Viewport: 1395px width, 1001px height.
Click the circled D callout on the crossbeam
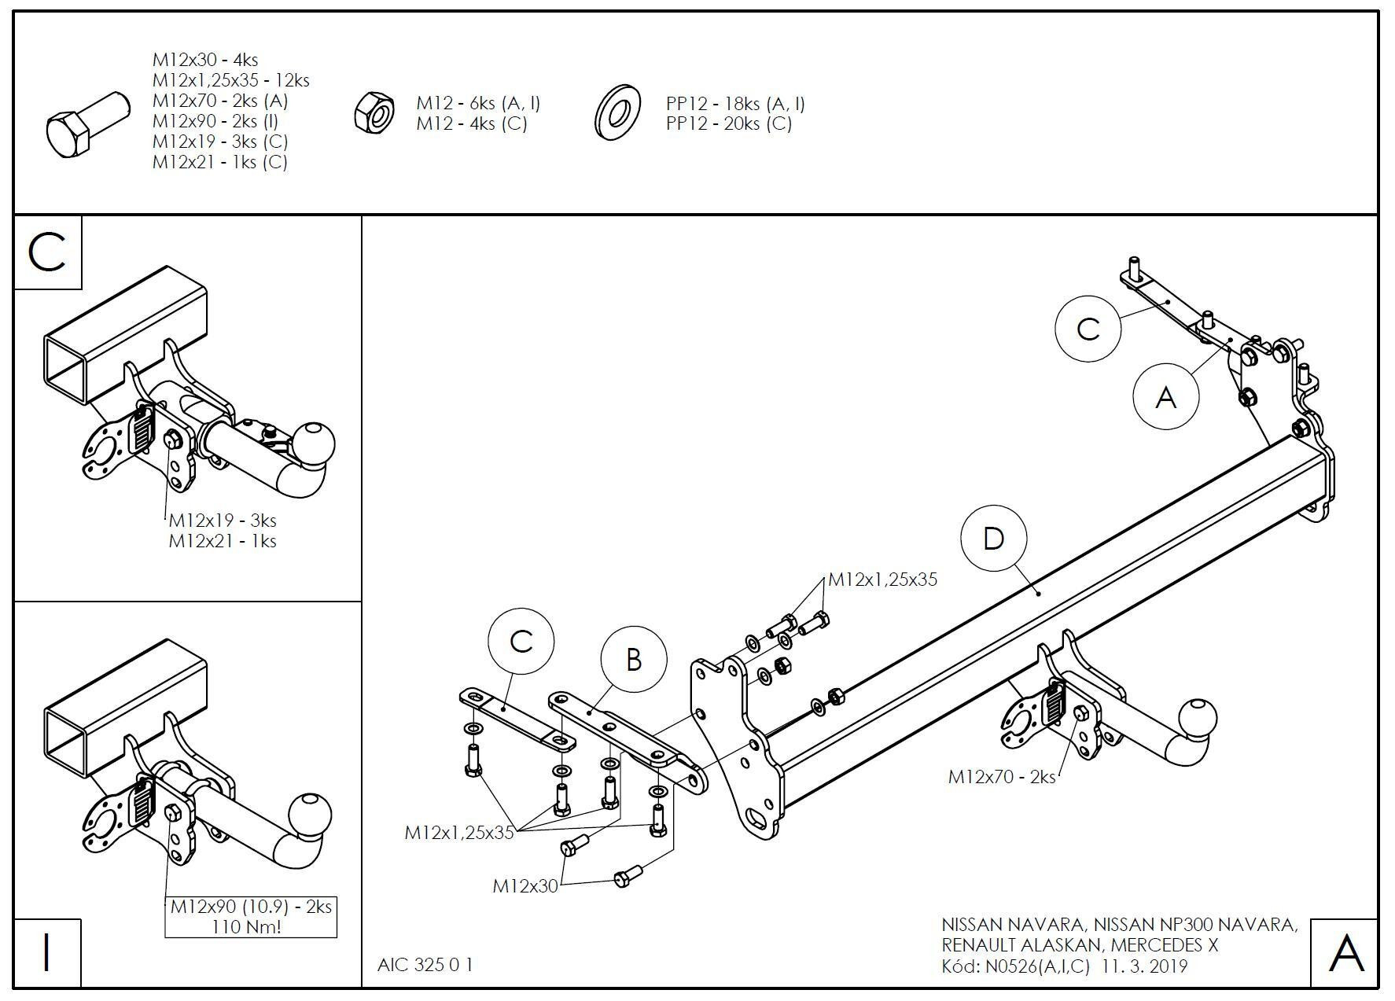[994, 539]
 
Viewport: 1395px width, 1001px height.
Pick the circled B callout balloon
[634, 660]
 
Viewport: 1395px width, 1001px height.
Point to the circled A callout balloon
[1165, 396]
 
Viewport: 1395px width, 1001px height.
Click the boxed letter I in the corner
[47, 952]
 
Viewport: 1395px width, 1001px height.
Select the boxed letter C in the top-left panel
[47, 252]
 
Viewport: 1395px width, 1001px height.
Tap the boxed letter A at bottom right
[1345, 952]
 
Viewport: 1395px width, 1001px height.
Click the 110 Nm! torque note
[246, 927]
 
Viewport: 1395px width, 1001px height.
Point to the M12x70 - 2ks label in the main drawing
[1001, 777]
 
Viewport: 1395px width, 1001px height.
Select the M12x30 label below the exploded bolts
[525, 886]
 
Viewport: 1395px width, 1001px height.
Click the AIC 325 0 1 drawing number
[425, 965]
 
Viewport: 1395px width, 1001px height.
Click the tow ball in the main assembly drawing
[1198, 717]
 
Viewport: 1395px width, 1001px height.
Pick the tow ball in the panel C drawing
[315, 442]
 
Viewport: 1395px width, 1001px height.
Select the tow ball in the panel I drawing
[311, 815]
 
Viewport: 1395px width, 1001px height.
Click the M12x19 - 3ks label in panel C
[223, 521]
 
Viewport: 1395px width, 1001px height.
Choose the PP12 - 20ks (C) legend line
[729, 123]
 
